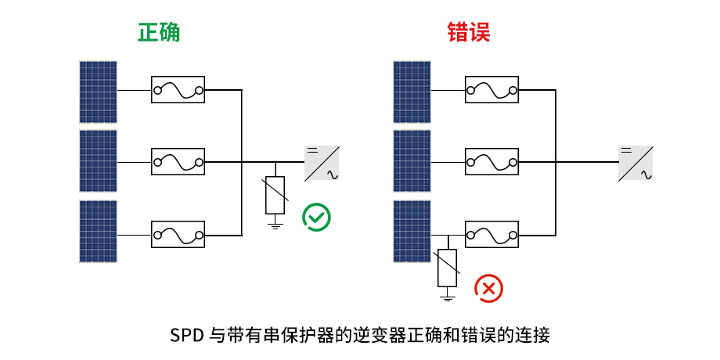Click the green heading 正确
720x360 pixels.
click(159, 32)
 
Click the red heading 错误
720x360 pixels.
click(469, 32)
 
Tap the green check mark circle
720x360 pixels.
click(317, 217)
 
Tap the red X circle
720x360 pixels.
click(489, 288)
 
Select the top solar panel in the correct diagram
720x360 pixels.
click(98, 92)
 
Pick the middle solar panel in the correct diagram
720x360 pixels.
click(98, 161)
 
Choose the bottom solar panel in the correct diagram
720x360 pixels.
click(98, 231)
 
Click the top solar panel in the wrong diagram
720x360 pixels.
click(412, 92)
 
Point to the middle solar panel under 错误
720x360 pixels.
click(412, 161)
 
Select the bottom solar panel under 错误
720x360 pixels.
click(412, 231)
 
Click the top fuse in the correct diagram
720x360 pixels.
click(178, 91)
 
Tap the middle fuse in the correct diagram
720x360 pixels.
click(178, 162)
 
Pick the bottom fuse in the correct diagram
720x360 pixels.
click(178, 234)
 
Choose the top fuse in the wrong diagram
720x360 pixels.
click(491, 91)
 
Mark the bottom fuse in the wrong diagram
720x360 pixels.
click(491, 234)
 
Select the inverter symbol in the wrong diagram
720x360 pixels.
click(635, 163)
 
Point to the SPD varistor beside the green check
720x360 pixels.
click(275, 196)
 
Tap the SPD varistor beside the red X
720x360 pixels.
click(447, 267)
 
